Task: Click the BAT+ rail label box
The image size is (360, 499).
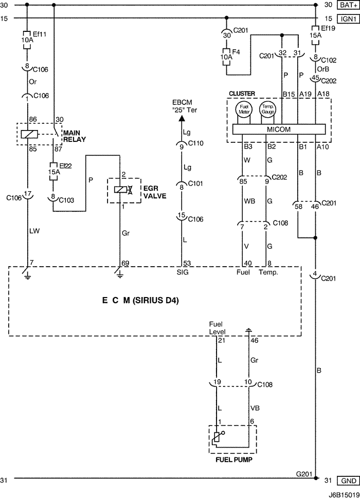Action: (x=347, y=5)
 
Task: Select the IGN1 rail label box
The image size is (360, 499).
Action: (x=347, y=19)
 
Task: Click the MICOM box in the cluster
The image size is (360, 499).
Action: (x=279, y=130)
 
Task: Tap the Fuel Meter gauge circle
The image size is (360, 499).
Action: (x=243, y=109)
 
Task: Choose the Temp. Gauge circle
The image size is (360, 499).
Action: (x=268, y=109)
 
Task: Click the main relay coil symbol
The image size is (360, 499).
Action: (x=27, y=134)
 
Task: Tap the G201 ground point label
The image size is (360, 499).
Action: (x=303, y=473)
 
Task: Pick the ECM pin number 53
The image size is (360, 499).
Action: (x=187, y=264)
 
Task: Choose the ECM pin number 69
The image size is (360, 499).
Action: (x=125, y=264)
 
